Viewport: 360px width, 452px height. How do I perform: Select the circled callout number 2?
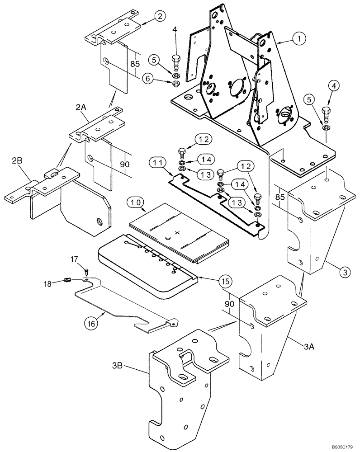[x=159, y=17]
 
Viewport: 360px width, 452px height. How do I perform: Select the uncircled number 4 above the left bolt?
[x=175, y=30]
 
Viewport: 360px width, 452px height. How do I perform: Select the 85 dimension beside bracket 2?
[x=134, y=64]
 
